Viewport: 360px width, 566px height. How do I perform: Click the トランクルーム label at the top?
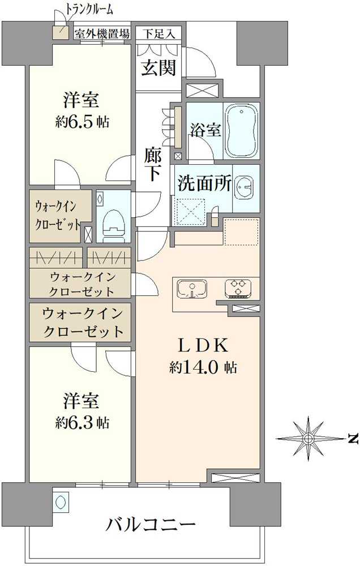click(89, 8)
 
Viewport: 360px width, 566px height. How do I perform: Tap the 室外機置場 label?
click(102, 33)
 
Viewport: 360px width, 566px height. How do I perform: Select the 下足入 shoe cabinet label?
click(158, 33)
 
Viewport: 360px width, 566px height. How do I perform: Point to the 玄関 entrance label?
click(158, 68)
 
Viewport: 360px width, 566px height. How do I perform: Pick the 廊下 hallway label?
click(153, 164)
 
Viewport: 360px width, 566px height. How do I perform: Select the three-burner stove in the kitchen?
click(237, 288)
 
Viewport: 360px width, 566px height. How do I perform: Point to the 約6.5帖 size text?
click(83, 122)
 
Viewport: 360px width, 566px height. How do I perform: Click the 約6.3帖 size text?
click(83, 422)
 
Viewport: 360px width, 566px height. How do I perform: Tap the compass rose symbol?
click(307, 439)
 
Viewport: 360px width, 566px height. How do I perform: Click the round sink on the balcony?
click(61, 501)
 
